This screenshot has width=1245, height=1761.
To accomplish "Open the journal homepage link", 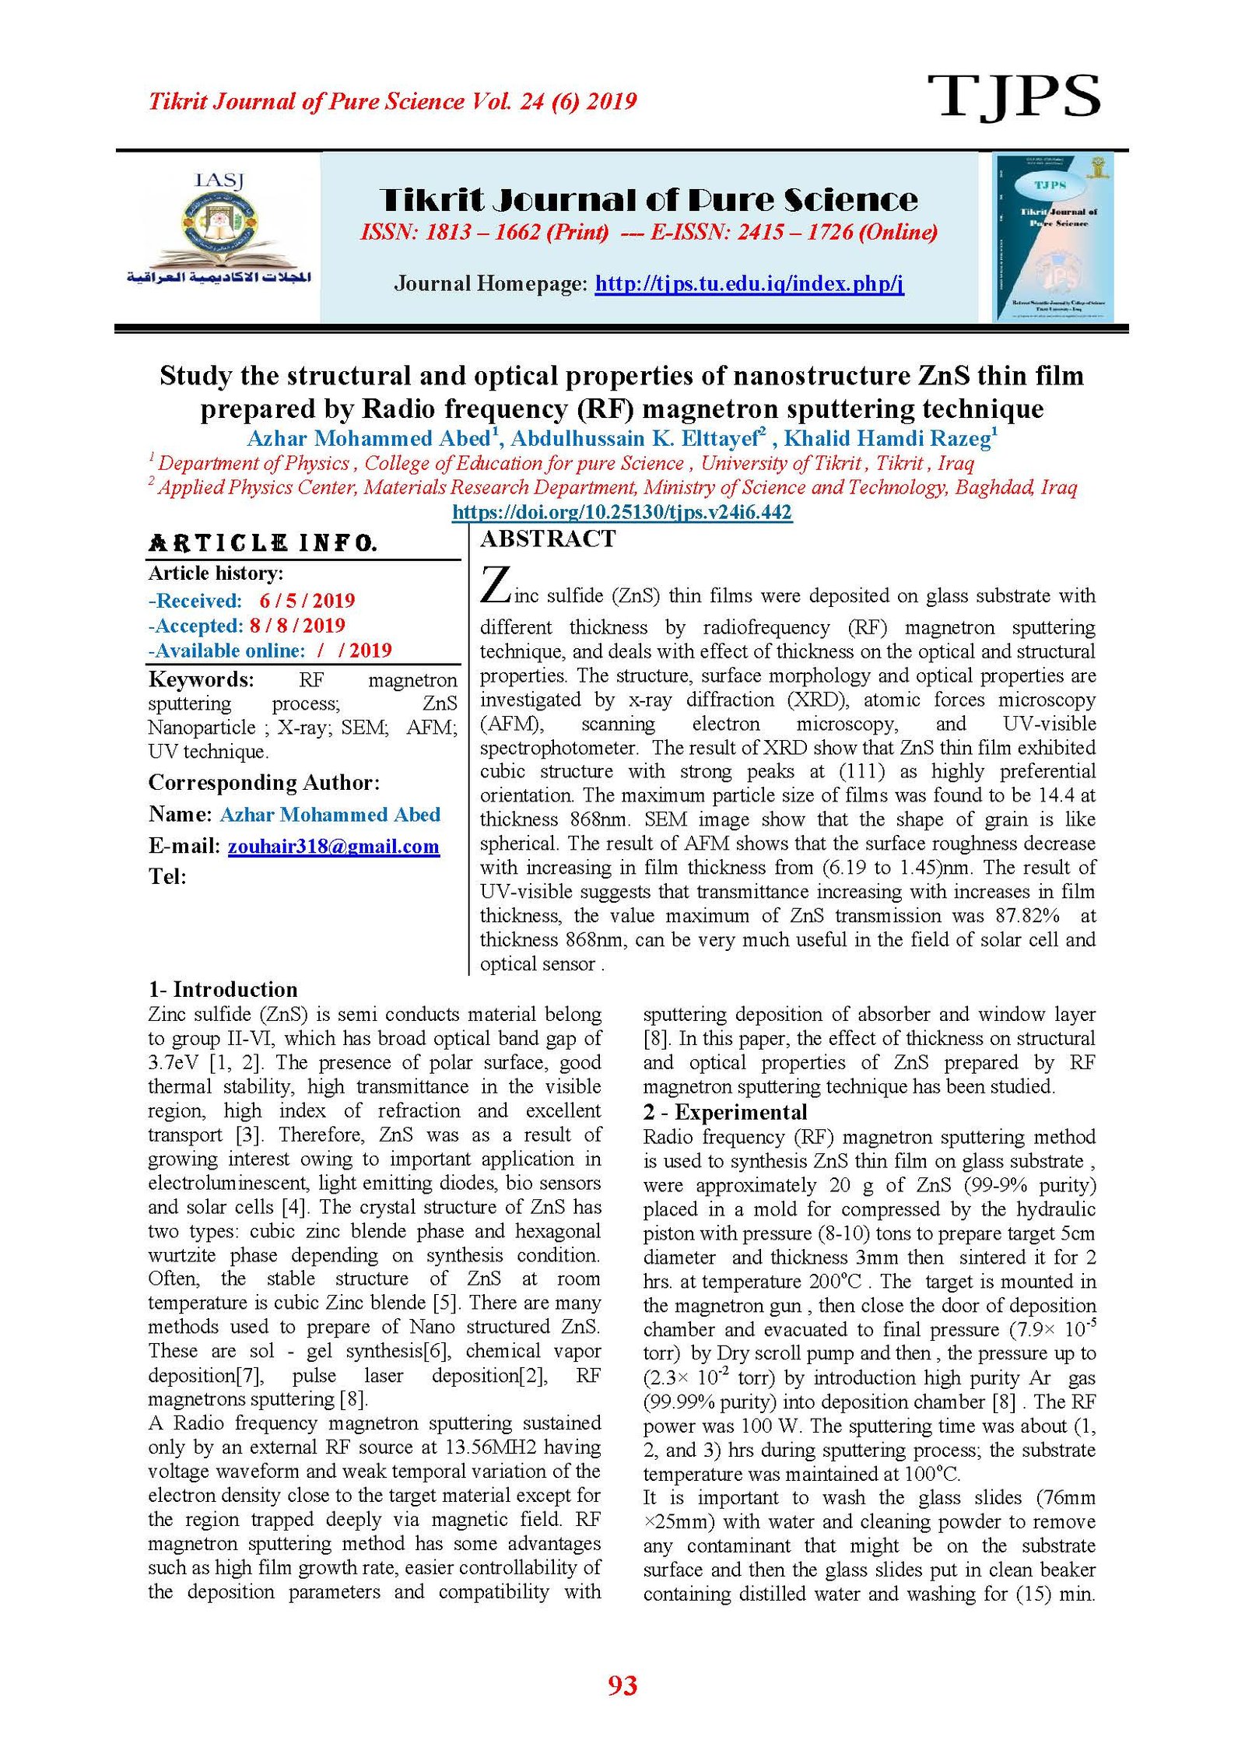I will [x=749, y=283].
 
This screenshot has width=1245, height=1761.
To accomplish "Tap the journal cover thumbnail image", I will [x=1053, y=237].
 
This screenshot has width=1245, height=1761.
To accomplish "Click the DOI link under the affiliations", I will [x=622, y=512].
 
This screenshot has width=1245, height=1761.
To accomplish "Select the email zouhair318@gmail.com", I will [x=333, y=846].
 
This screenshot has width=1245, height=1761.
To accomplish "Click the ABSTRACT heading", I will [x=548, y=539].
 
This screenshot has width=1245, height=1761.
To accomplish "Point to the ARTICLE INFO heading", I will [x=263, y=543].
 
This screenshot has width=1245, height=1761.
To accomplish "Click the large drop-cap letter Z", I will [x=495, y=585].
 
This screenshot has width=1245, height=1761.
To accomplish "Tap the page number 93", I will [x=622, y=1686].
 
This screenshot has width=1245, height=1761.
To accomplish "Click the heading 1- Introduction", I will [x=223, y=989].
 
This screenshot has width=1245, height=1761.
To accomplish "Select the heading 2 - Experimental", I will [x=725, y=1112].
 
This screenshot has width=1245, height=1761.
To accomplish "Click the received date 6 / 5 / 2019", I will [x=307, y=601].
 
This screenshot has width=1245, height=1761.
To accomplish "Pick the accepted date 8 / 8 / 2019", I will [x=297, y=626].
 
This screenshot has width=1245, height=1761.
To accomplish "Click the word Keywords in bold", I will [x=201, y=679].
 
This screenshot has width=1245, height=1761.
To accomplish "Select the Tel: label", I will [x=167, y=877].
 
